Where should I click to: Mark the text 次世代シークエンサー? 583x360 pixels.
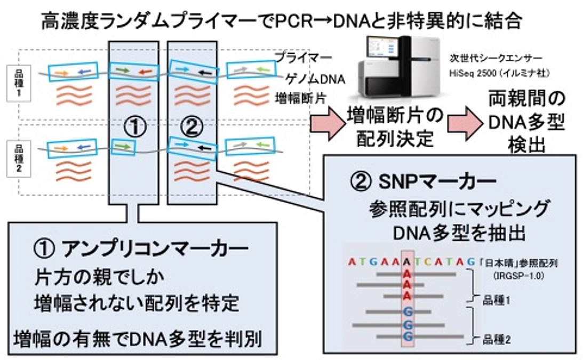492,57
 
